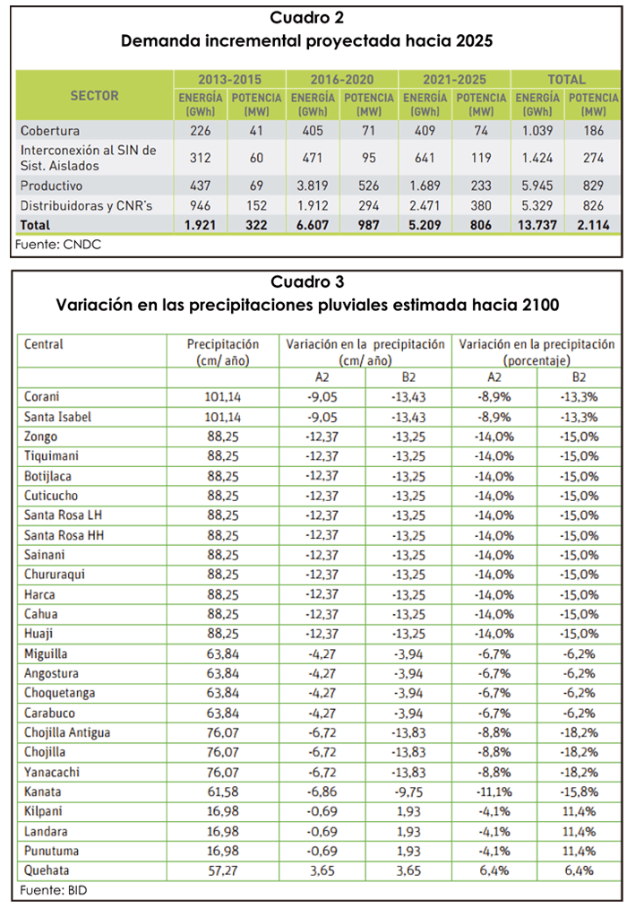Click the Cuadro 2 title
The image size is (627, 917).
[306, 18]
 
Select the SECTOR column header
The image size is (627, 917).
[95, 96]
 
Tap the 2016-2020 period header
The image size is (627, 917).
[342, 80]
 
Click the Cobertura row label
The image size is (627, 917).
[50, 130]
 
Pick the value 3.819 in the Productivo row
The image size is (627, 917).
[313, 186]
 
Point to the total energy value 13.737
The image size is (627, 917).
[537, 225]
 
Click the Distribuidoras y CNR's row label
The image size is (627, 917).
[87, 206]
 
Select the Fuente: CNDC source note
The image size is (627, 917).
[58, 245]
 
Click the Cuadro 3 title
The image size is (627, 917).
[307, 281]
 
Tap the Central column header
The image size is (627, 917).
[44, 344]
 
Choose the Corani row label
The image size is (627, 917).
[41, 396]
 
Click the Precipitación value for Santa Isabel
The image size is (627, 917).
[223, 417]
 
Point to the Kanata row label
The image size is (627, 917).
[42, 792]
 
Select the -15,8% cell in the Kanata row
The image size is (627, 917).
[580, 792]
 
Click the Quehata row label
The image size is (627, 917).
[47, 870]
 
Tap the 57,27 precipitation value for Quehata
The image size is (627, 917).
[223, 870]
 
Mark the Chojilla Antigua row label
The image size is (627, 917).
[67, 732]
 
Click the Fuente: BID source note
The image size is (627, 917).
[53, 890]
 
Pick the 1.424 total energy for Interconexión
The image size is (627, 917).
[537, 158]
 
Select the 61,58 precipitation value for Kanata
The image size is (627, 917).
[223, 792]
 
